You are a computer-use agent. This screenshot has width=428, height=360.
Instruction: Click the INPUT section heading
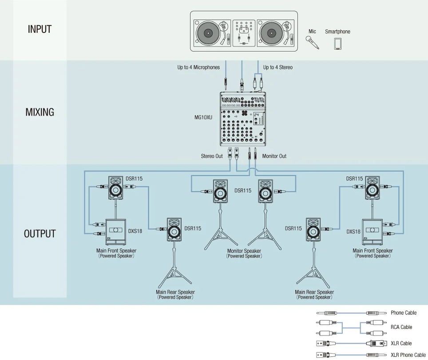40,29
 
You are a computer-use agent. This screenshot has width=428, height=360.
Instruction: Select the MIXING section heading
40,112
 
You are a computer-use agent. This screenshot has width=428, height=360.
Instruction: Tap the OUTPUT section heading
40,234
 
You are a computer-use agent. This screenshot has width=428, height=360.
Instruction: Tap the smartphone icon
338,43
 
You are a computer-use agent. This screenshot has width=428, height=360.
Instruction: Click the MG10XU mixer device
244,119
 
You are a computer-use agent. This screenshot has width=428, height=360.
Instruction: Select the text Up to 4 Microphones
198,68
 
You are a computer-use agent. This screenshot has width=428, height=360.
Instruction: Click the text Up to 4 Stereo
278,68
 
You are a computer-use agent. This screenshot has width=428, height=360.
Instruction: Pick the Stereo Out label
212,156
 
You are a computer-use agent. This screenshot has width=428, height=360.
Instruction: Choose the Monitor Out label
274,156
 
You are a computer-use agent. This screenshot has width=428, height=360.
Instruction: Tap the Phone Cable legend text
404,313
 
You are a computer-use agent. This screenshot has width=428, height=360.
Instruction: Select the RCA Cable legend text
401,327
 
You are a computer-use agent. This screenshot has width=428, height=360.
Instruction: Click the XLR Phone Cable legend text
408,355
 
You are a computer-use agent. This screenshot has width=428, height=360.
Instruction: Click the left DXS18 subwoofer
116,231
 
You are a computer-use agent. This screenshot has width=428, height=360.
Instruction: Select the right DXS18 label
353,232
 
